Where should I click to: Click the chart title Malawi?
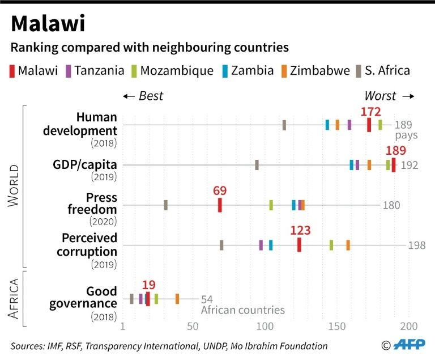pos(48,23)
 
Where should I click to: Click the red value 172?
pos(370,112)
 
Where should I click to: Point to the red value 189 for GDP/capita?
pos(395,151)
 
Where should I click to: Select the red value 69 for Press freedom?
pos(220,190)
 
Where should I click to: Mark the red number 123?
pos(300,231)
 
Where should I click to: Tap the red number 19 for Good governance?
pos(149,285)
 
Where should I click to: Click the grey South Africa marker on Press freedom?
pos(165,205)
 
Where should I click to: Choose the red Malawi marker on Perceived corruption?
pos(299,245)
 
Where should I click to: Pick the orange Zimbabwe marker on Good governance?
pos(177,299)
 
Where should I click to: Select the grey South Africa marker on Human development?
pos(284,125)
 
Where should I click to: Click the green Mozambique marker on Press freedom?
pos(271,205)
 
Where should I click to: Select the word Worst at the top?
pos(380,96)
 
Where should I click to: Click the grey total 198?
pos(416,245)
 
